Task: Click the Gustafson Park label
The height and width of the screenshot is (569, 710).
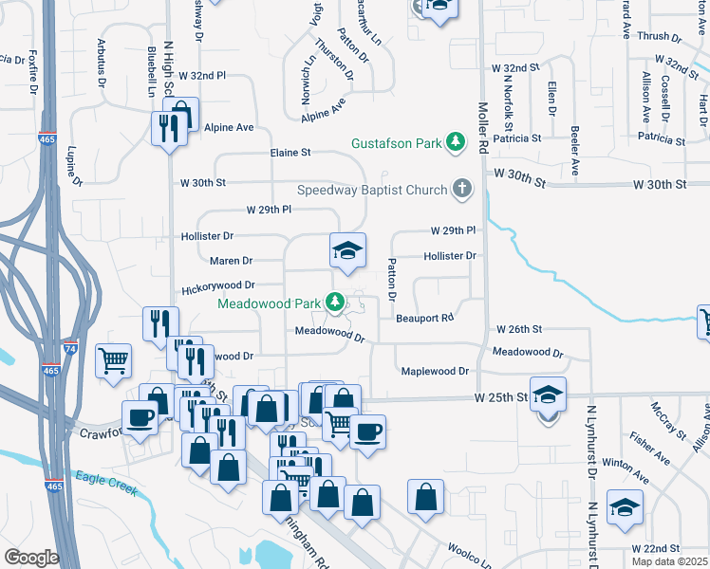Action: (397, 143)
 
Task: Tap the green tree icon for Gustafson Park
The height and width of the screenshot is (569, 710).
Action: (457, 142)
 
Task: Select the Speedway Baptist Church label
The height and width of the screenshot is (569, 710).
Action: (371, 190)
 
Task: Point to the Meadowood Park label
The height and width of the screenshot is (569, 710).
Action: (270, 304)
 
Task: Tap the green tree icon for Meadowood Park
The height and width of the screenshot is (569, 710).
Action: (334, 303)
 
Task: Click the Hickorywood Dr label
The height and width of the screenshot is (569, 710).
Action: (218, 284)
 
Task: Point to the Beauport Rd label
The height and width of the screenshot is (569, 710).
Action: (425, 318)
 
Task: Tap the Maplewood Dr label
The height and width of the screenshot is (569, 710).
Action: (435, 372)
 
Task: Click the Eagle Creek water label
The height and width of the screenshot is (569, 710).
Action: (106, 484)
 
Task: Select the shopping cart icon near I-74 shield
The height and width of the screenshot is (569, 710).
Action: (113, 358)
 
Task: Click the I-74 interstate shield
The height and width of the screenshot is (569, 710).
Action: (72, 349)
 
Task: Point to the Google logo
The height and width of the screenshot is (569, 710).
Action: (32, 558)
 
